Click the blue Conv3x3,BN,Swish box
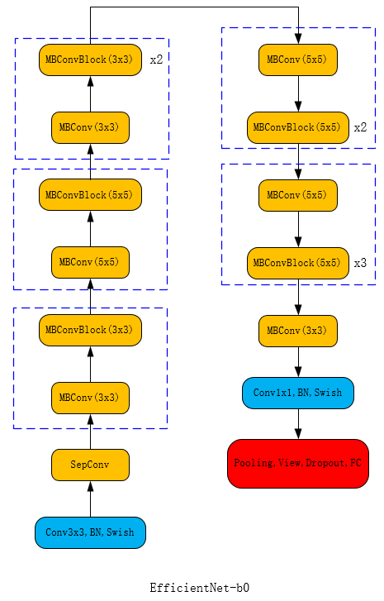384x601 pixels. (x=90, y=532)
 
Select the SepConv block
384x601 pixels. (x=90, y=465)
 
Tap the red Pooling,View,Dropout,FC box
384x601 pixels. (x=297, y=463)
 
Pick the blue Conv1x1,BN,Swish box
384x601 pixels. (x=297, y=393)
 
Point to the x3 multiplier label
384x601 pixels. (x=360, y=263)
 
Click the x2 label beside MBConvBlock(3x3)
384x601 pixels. (x=156, y=60)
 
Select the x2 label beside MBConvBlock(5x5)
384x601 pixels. (x=360, y=127)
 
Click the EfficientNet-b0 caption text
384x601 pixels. (x=199, y=588)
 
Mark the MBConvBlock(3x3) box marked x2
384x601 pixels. (x=90, y=60)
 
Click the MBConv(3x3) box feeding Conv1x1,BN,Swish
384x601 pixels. (x=297, y=331)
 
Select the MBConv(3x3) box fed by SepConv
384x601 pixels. (x=90, y=398)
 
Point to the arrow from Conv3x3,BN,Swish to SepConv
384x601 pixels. (x=90, y=498)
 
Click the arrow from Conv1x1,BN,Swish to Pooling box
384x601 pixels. (x=297, y=424)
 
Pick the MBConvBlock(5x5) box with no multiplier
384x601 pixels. (x=90, y=194)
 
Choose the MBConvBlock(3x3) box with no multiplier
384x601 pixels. (x=90, y=330)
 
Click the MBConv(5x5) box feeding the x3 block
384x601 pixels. (x=297, y=195)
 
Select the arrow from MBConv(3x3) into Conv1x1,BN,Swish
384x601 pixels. (x=297, y=362)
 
